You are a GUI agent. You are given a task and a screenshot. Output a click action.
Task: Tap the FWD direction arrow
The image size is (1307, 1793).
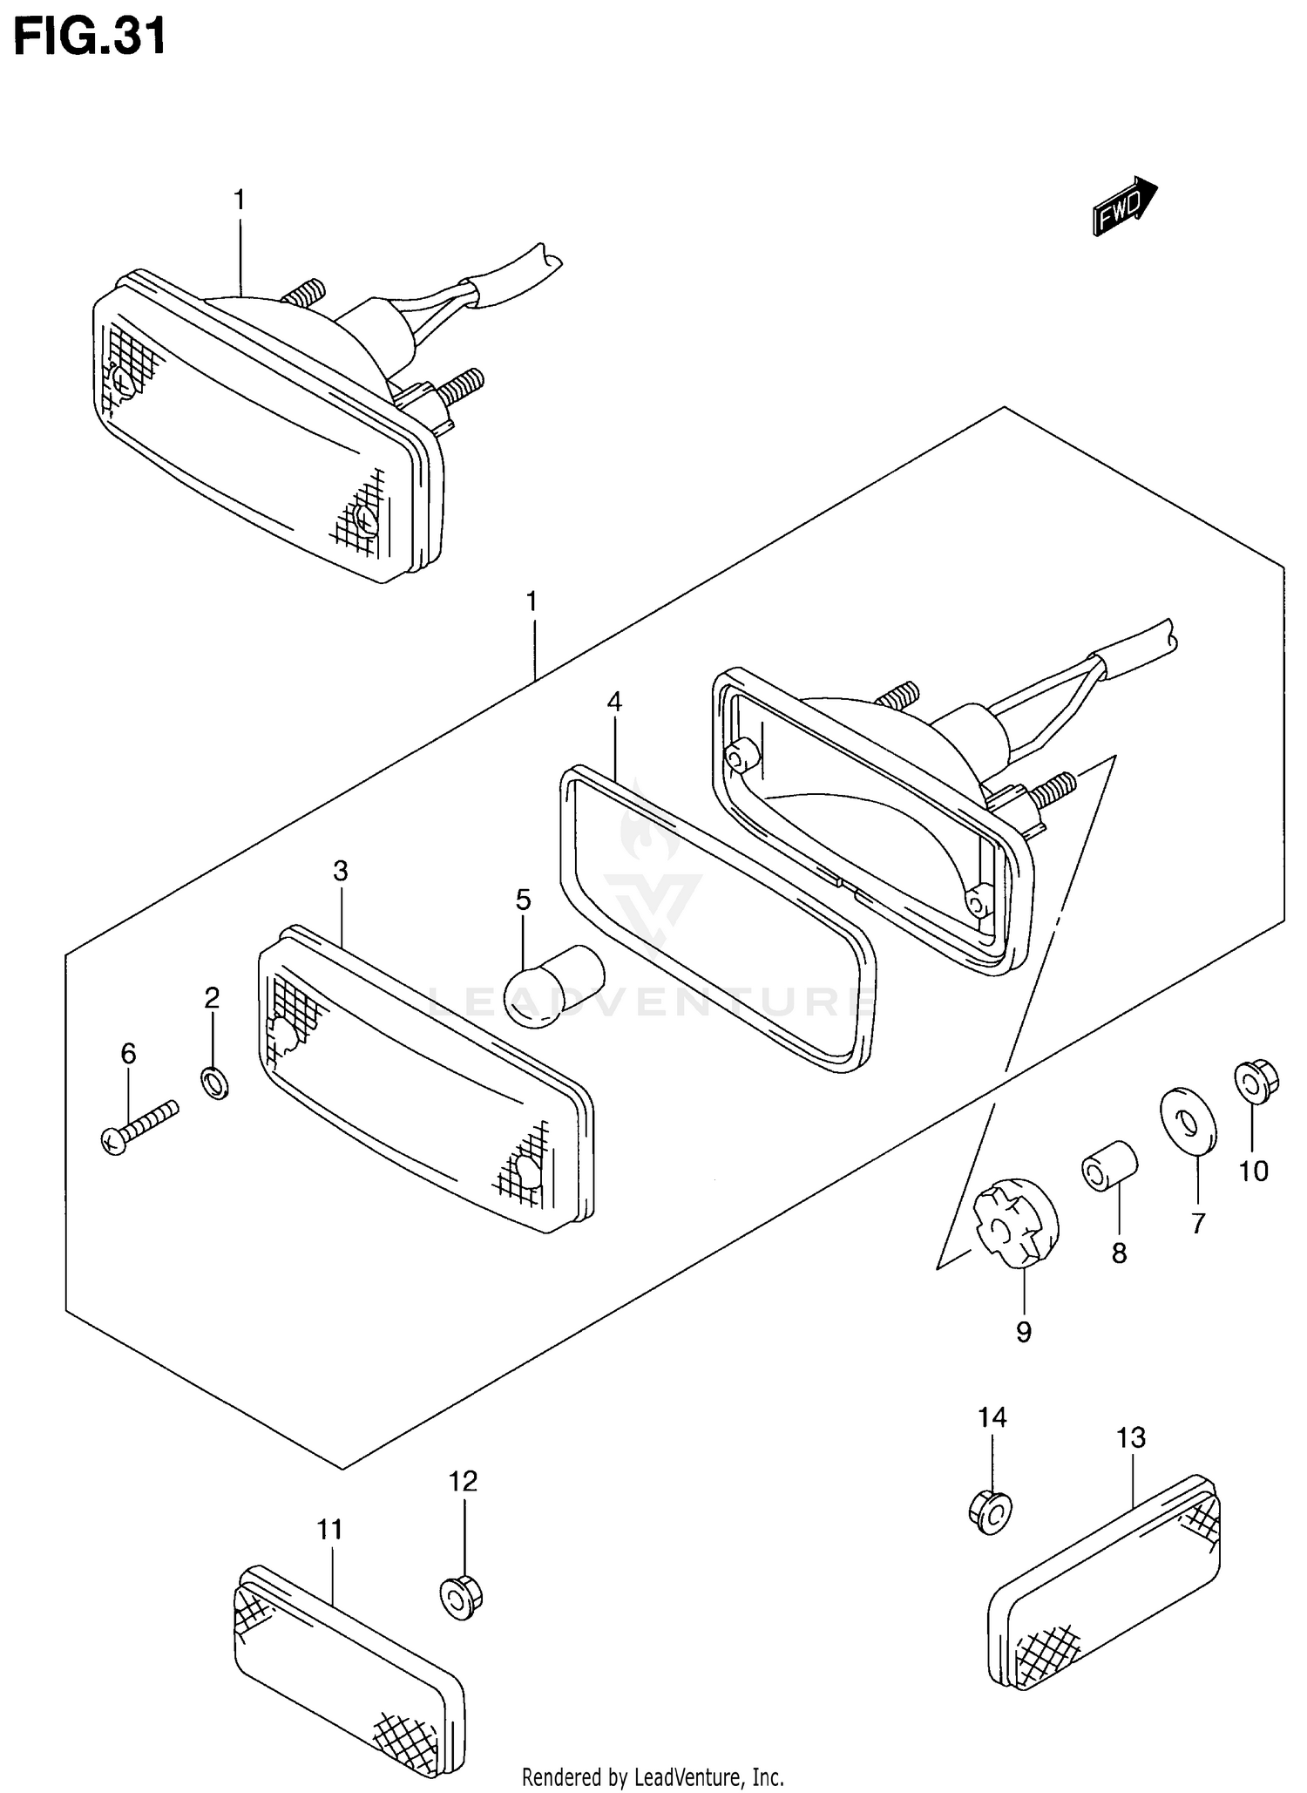point(1124,207)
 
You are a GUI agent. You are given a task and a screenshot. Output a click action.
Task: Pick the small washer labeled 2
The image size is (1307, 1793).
point(214,1083)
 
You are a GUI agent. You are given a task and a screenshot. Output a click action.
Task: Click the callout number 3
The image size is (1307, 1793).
point(341,870)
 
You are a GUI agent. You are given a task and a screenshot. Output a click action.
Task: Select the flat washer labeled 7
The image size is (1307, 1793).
point(1188,1118)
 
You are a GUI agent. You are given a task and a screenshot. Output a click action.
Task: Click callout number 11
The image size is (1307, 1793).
point(329,1529)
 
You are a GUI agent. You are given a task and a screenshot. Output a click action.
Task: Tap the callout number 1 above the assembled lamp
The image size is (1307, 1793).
point(239,200)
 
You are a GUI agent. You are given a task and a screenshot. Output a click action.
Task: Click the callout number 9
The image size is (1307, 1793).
point(1024,1331)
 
